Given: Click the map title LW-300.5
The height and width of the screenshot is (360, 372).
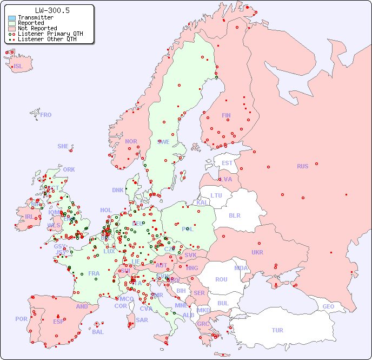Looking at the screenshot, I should point(52,10).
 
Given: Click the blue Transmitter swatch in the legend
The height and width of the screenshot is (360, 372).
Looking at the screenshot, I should point(12,18).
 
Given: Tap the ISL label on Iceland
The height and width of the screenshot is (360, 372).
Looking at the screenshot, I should point(18,66).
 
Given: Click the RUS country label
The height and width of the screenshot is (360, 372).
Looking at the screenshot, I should point(302,166).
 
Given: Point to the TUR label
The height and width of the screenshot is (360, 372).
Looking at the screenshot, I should point(277,330).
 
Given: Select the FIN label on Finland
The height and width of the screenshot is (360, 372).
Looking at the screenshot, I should point(226,115).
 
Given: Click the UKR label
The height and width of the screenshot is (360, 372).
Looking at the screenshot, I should point(257,252).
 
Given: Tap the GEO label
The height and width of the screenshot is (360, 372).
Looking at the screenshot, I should point(328,306).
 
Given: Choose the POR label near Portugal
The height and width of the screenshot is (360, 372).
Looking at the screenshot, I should point(21,319).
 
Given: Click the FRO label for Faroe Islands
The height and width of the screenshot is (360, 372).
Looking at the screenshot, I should point(46,115).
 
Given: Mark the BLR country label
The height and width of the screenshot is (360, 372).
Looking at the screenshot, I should point(234,215).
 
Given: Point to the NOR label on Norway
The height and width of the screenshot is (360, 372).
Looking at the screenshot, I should point(131,141).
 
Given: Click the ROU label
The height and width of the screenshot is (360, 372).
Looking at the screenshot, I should point(221,279).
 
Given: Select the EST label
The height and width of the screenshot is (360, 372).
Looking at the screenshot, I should point(227,163).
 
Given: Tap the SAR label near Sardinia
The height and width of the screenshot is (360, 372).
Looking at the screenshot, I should point(142,320).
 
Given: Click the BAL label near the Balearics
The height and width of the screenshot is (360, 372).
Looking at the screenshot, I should point(98,332).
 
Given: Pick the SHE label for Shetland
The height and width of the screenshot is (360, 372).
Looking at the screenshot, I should point(63,146).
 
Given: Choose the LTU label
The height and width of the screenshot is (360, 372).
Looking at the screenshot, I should point(216,195).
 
